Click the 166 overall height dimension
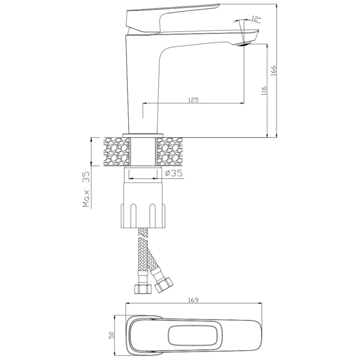pyautogui.click(x=274, y=71)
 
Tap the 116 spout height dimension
pyautogui.click(x=264, y=91)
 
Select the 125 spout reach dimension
pyautogui.click(x=193, y=100)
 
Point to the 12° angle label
pyautogui.click(x=256, y=19)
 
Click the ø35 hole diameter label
pyautogui.click(x=174, y=173)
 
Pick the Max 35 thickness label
pyautogui.click(x=86, y=189)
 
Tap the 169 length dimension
pyautogui.click(x=193, y=300)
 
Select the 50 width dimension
pyautogui.click(x=112, y=335)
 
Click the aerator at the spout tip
pyautogui.click(x=244, y=44)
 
